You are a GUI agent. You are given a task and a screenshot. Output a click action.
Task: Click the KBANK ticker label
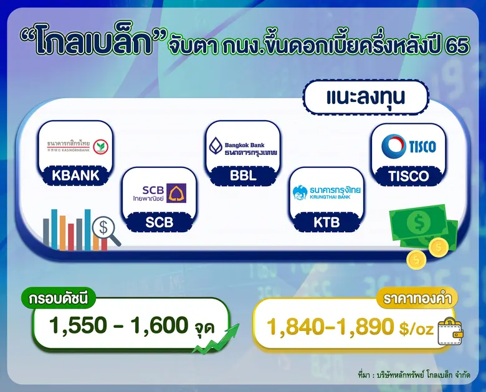[76, 175]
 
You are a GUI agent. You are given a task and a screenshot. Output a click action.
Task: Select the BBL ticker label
[243, 175]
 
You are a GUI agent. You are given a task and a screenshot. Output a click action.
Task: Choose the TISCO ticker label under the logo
[409, 175]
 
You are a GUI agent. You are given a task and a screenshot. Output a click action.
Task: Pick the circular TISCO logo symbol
[393, 146]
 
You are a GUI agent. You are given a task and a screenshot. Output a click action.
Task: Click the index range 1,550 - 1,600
[118, 325]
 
